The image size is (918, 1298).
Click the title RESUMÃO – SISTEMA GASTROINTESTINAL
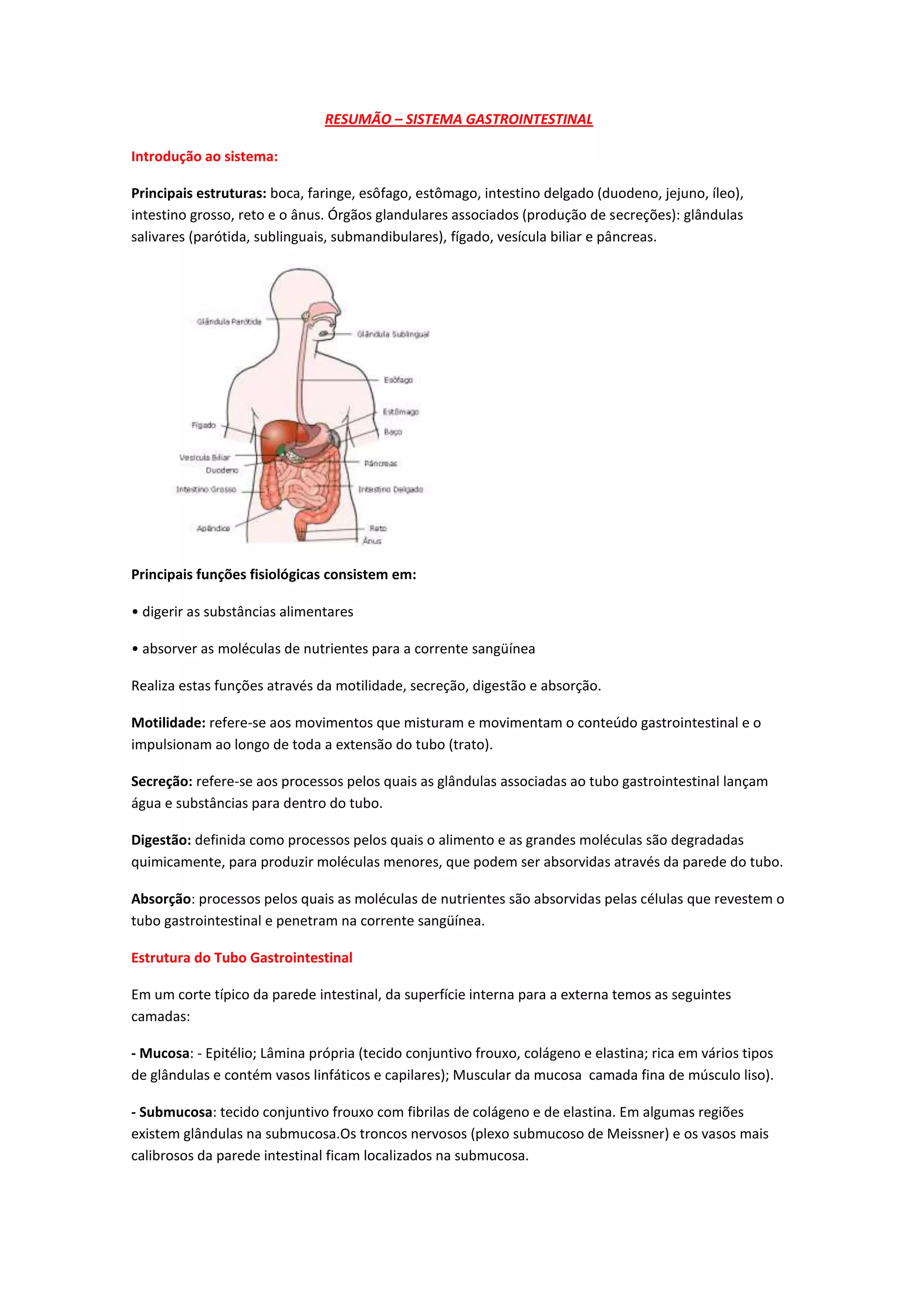(459, 119)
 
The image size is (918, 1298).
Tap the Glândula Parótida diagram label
(229, 322)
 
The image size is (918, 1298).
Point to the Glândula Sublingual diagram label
(393, 334)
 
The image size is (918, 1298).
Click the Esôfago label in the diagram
(398, 380)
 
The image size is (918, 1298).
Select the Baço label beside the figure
(393, 432)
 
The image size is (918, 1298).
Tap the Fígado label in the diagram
(204, 425)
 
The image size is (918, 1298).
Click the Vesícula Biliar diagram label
(205, 457)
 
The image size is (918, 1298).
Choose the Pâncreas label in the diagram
(381, 463)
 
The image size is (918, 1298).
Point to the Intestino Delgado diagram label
(390, 489)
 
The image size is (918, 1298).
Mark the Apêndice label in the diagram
(213, 528)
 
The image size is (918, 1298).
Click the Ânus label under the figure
(372, 541)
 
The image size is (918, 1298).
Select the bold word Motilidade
(168, 723)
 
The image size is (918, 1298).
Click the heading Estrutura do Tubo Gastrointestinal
(241, 958)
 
